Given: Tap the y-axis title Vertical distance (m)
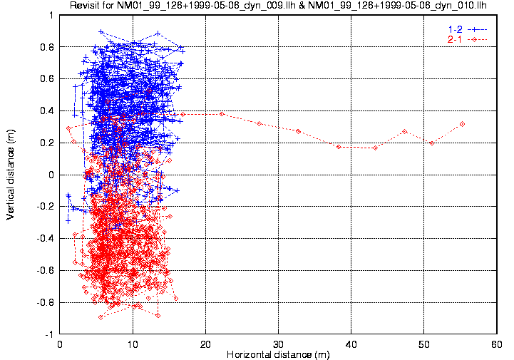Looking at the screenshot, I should (11, 174).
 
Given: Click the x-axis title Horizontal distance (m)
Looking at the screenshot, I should (278, 354).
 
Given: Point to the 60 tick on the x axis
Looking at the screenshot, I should (496, 344).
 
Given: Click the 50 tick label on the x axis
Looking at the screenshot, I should (423, 344).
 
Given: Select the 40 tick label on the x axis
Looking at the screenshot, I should (351, 344).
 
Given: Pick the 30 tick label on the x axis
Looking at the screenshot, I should (278, 344).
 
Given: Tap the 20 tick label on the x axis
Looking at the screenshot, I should (205, 344).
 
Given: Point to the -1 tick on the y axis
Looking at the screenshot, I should (48, 334).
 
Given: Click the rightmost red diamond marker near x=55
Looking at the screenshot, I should (463, 124).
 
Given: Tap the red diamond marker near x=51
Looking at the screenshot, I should (432, 143).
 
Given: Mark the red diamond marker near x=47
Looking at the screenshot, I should (404, 131).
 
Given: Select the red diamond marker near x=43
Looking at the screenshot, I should (375, 148).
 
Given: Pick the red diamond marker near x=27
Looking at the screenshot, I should (259, 123).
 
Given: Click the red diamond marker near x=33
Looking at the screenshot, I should (298, 131).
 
